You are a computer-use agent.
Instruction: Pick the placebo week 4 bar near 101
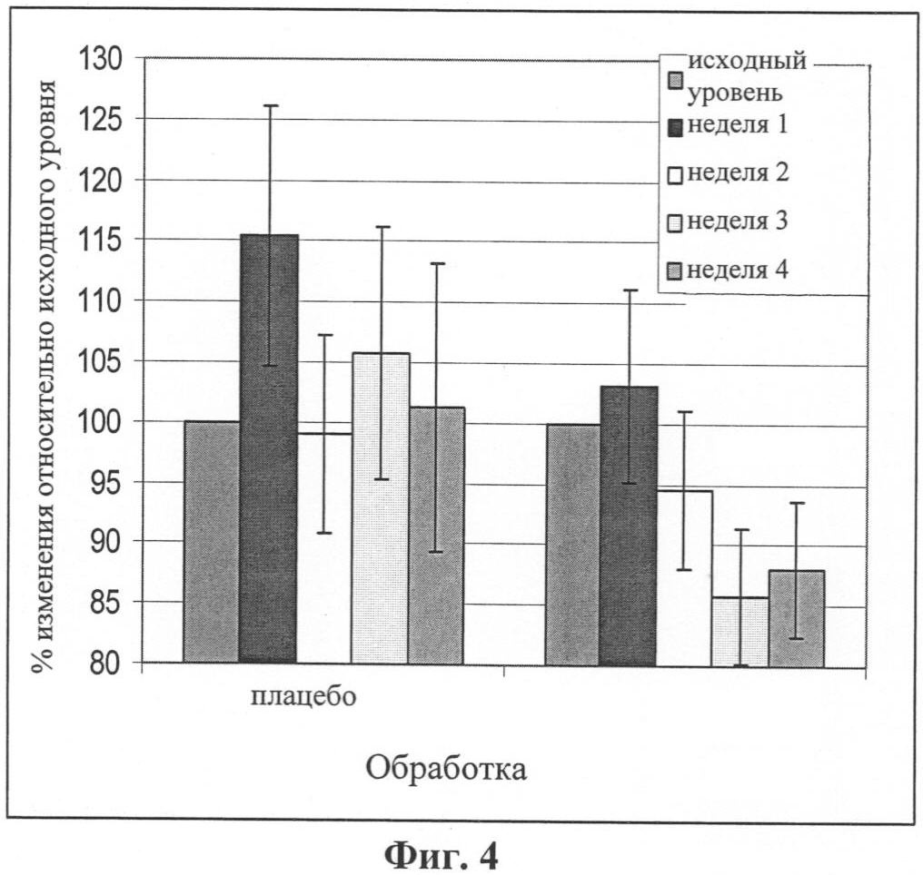[436, 535]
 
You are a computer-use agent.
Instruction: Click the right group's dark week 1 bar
[628, 526]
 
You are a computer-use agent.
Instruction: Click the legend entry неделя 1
[737, 126]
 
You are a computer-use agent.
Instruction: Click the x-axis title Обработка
[447, 768]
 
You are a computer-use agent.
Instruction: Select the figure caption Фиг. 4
[442, 854]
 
